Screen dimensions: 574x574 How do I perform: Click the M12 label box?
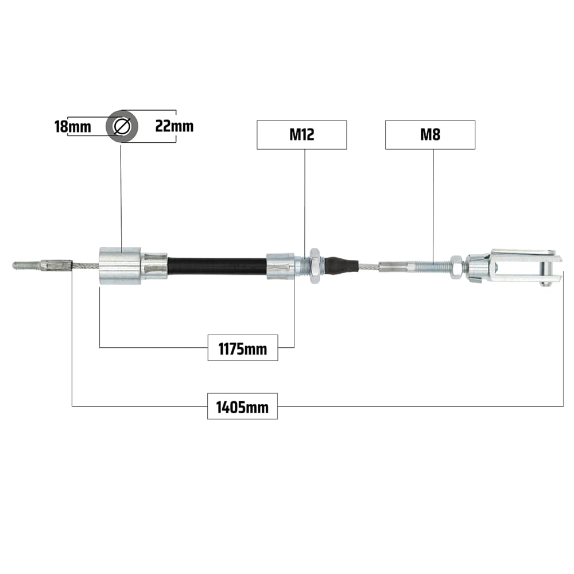[x=302, y=135]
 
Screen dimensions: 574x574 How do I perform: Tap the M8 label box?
[x=430, y=135]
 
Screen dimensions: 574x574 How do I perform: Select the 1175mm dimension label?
[x=243, y=348]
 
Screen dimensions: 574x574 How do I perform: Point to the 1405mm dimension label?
[x=242, y=406]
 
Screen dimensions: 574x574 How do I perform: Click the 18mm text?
[x=72, y=127]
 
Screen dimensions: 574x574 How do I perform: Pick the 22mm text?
[x=174, y=126]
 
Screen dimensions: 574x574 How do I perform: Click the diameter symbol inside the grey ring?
[x=122, y=126]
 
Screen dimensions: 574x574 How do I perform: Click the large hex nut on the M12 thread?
[x=315, y=265]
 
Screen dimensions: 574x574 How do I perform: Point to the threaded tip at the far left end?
[x=27, y=265]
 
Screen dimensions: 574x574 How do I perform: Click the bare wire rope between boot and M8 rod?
[x=369, y=266]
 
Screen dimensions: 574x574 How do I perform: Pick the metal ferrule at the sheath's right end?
[x=281, y=266]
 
